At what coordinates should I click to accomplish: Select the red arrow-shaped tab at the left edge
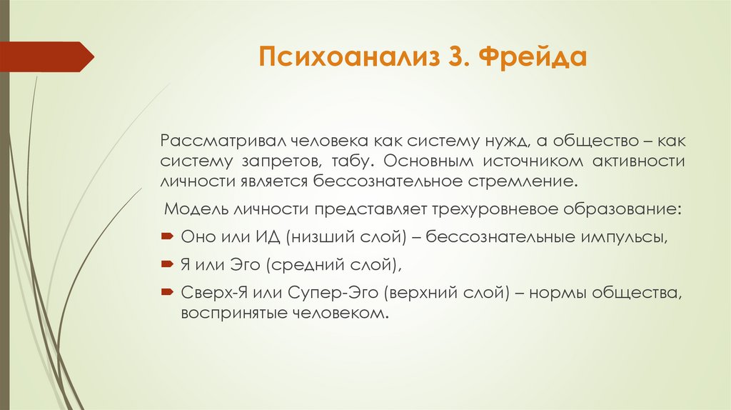(x=47, y=56)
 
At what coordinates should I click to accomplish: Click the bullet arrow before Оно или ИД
(x=167, y=237)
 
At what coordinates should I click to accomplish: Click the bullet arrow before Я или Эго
(x=167, y=265)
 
